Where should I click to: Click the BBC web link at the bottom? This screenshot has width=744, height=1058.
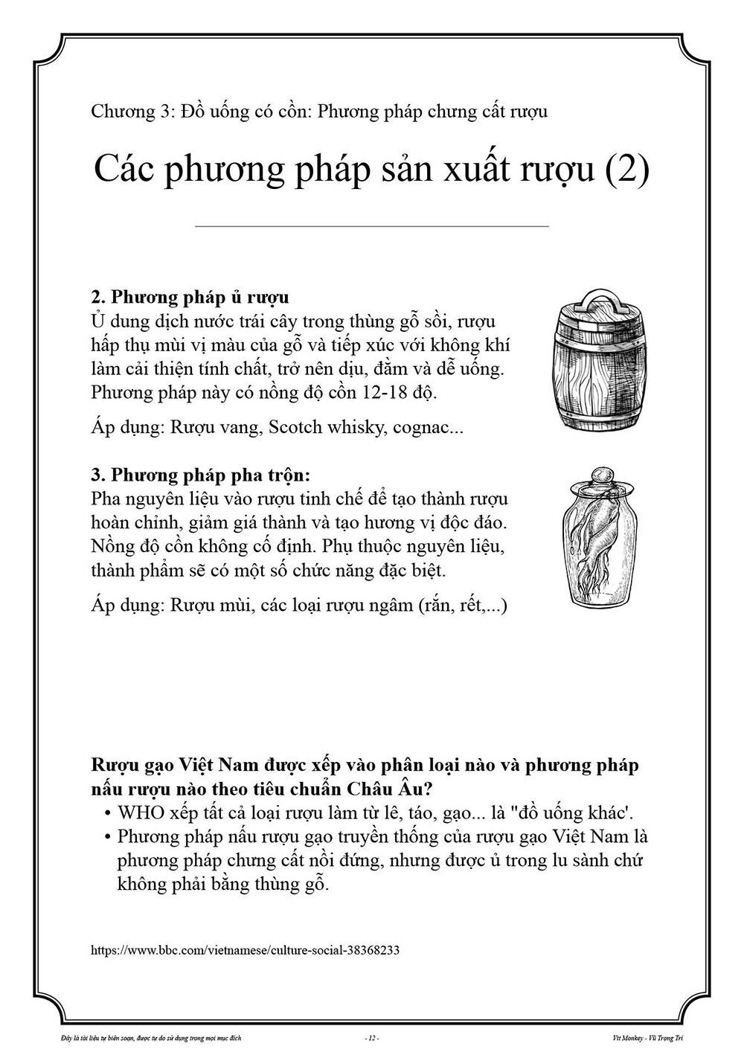click(x=246, y=950)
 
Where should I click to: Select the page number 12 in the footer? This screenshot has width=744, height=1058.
click(x=372, y=1037)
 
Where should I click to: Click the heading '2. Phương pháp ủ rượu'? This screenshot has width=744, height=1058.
click(x=190, y=298)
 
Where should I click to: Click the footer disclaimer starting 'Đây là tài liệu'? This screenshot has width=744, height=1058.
click(x=141, y=1037)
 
